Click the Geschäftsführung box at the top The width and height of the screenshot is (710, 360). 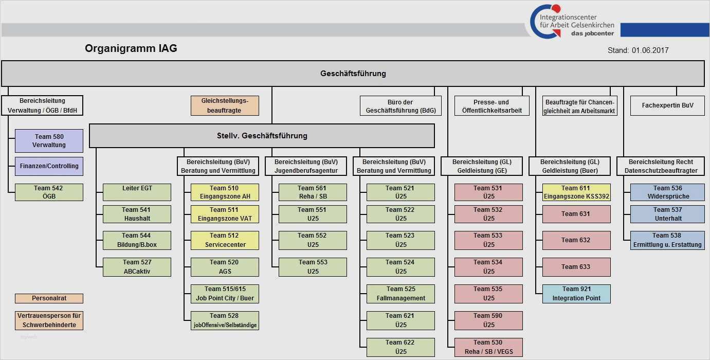pyautogui.click(x=353, y=74)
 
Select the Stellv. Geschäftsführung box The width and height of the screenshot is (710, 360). pyautogui.click(x=262, y=136)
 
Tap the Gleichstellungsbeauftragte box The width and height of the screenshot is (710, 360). pyautogui.click(x=225, y=105)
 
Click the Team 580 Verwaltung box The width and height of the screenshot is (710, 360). pyautogui.click(x=49, y=141)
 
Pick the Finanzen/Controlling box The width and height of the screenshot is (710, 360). pyautogui.click(x=49, y=166)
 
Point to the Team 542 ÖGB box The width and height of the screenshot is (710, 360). pyautogui.click(x=49, y=192)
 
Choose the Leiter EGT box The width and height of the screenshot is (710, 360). pyautogui.click(x=137, y=192)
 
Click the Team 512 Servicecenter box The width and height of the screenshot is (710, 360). pyautogui.click(x=225, y=240)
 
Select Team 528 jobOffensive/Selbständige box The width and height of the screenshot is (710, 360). pyautogui.click(x=225, y=320)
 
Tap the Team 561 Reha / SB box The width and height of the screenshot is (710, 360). pyautogui.click(x=313, y=192)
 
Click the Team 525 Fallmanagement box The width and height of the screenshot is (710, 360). pyautogui.click(x=400, y=294)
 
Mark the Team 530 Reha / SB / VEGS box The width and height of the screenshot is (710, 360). pyautogui.click(x=488, y=347)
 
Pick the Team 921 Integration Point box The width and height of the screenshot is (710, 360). pyautogui.click(x=576, y=294)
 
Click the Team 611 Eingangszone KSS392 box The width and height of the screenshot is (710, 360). pyautogui.click(x=576, y=192)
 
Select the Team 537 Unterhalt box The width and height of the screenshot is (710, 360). pyautogui.click(x=667, y=214)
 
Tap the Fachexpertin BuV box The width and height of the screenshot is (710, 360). pyautogui.click(x=667, y=105)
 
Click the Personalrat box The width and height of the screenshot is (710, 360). pyautogui.click(x=49, y=298)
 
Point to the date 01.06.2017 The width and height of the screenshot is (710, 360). pyautogui.click(x=650, y=50)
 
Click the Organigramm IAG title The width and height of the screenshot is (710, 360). pyautogui.click(x=131, y=48)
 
